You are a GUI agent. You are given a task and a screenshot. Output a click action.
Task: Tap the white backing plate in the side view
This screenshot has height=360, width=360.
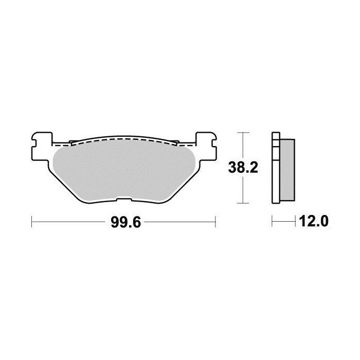[x=275, y=170]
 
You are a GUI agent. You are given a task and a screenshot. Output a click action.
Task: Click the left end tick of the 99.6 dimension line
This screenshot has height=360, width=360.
[x=32, y=222]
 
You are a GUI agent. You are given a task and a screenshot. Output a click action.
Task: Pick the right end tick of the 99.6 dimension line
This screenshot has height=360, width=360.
[x=214, y=222]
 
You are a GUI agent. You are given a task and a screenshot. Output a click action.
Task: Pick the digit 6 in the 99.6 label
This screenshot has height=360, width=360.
[x=136, y=222]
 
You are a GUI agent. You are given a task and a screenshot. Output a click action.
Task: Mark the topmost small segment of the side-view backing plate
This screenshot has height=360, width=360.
[x=275, y=137]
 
